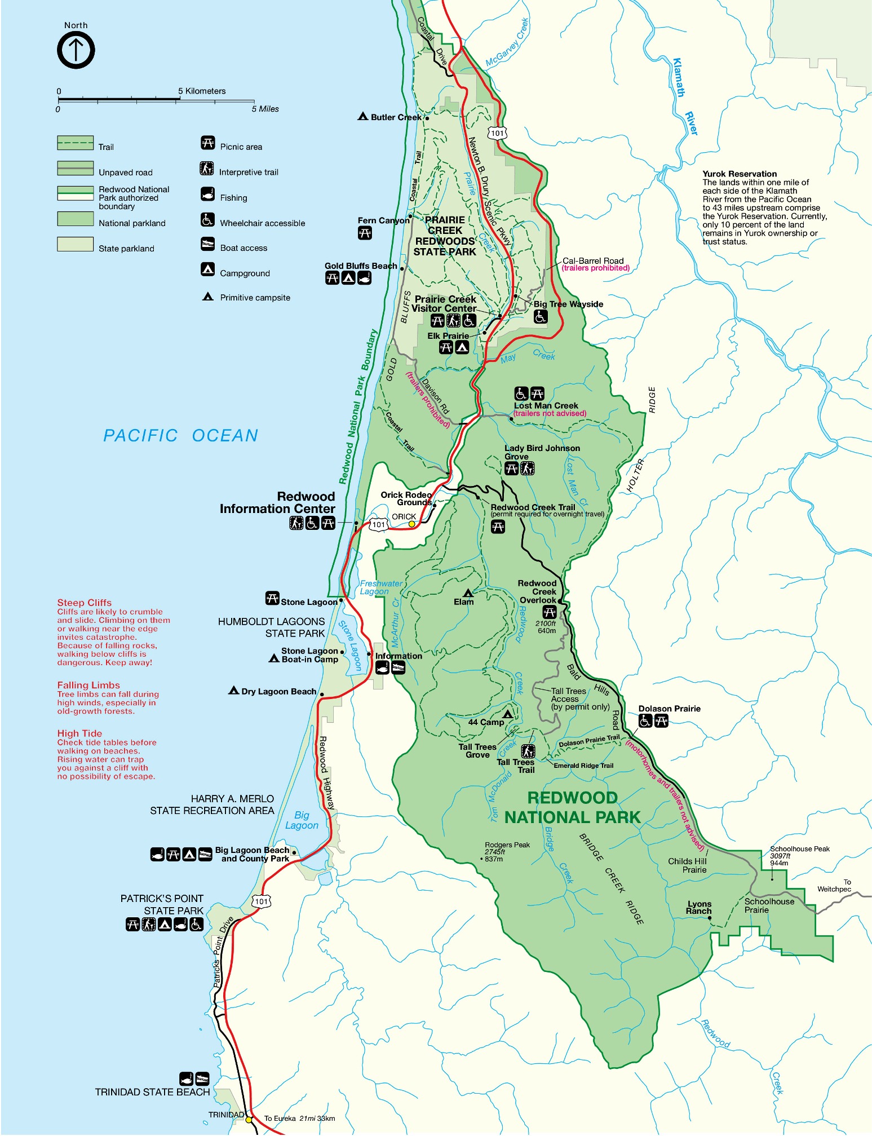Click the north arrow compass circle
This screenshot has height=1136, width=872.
pyautogui.click(x=76, y=50)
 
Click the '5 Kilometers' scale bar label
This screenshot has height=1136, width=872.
pyautogui.click(x=202, y=91)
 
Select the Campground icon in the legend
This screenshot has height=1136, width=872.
pyautogui.click(x=208, y=269)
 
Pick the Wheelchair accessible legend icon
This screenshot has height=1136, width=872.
pyautogui.click(x=208, y=220)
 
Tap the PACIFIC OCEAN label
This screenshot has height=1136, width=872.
pyautogui.click(x=180, y=436)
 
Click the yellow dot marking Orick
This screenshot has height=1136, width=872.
pyautogui.click(x=412, y=524)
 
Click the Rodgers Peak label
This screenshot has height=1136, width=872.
pyautogui.click(x=507, y=845)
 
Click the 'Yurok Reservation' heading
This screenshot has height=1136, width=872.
pyautogui.click(x=740, y=174)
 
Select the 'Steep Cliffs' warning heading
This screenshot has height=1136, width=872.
pyautogui.click(x=85, y=603)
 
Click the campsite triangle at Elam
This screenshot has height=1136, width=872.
pyautogui.click(x=467, y=593)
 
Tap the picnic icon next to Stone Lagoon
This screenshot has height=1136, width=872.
pyautogui.click(x=272, y=598)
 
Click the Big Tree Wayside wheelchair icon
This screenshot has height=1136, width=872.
pyautogui.click(x=541, y=317)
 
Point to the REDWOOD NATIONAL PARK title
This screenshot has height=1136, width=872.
pyautogui.click(x=572, y=808)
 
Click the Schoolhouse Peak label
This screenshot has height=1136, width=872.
pyautogui.click(x=800, y=849)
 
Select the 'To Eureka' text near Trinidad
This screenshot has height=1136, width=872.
pyautogui.click(x=280, y=1119)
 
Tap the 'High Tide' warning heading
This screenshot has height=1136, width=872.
pyautogui.click(x=79, y=733)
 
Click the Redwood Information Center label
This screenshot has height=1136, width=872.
pyautogui.click(x=277, y=502)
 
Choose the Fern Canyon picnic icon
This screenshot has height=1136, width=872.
pyautogui.click(x=365, y=233)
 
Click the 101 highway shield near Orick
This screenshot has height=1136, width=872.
pyautogui.click(x=379, y=524)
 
